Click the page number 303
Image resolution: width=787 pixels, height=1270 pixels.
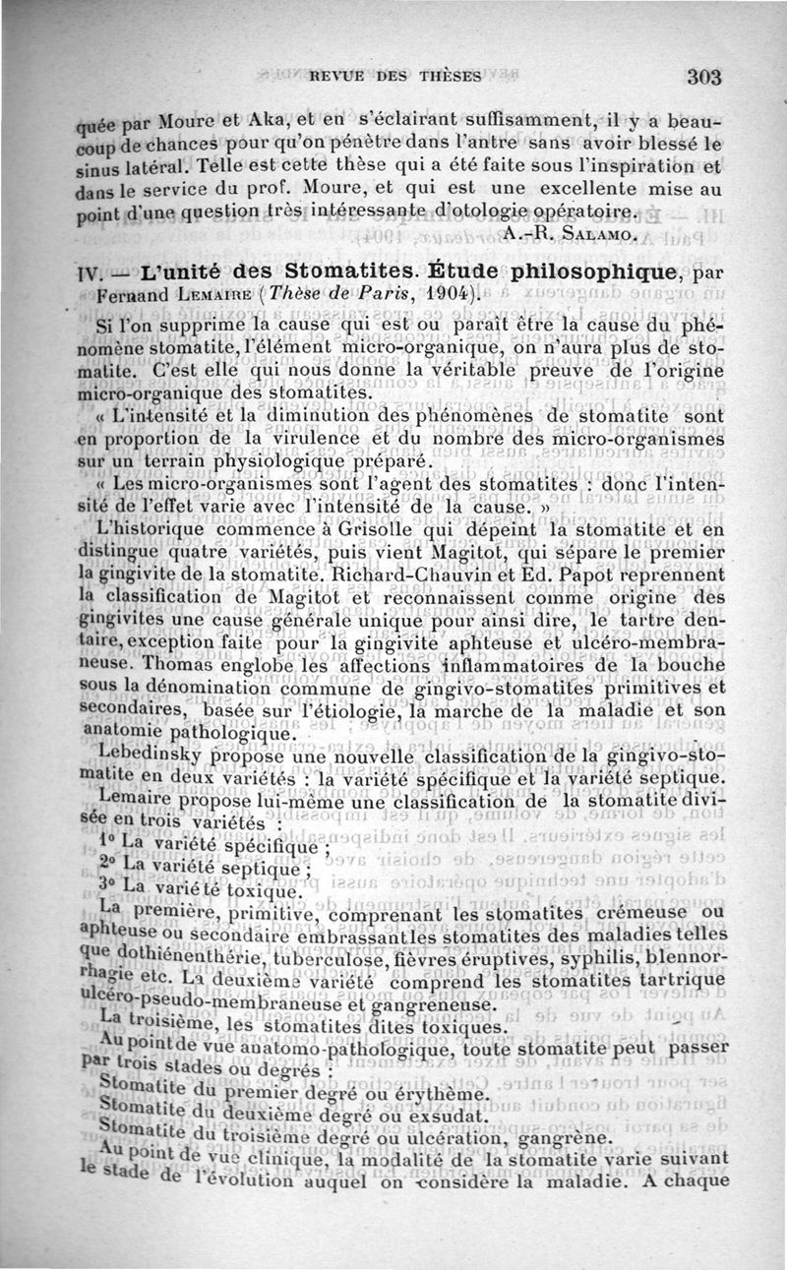tap(705, 77)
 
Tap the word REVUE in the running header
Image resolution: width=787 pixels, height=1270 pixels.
tap(340, 75)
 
